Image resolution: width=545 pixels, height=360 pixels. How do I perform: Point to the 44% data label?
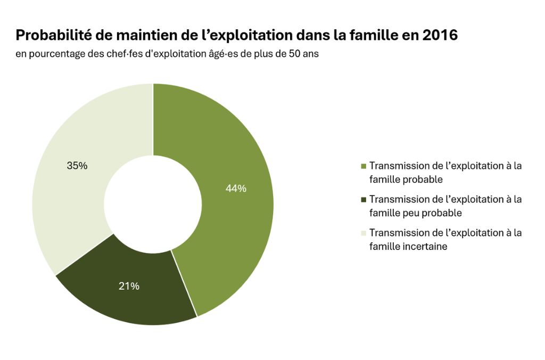tap(236, 189)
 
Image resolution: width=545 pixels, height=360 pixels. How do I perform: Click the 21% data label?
tap(129, 287)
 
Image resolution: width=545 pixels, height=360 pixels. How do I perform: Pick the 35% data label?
tap(77, 166)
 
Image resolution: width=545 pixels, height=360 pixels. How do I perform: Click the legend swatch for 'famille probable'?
tap(364, 166)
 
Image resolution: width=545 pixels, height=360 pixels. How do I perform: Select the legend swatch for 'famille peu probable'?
tap(364, 200)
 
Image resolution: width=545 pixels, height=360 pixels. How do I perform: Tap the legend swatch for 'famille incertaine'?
tap(364, 233)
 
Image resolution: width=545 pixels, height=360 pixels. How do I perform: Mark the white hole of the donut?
tap(153, 204)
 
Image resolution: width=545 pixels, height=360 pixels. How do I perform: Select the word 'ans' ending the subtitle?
tap(311, 55)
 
